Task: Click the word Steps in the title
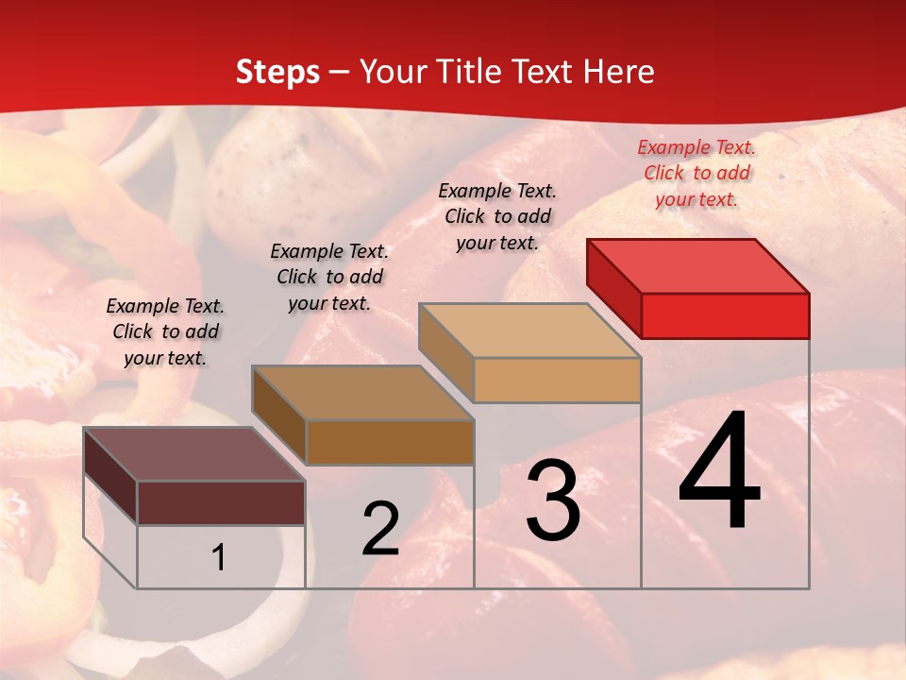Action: coord(277,72)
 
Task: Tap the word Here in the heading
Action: coord(618,72)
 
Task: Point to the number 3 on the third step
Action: coord(552,501)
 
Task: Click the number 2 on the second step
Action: coord(380,529)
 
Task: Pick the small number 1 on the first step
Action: coord(219,558)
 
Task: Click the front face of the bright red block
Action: coord(725,315)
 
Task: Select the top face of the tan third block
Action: coord(530,331)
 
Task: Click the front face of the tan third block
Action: coord(557,381)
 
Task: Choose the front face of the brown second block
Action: coord(389,442)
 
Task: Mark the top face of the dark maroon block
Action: coord(194,454)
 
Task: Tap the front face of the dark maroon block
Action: coord(221,502)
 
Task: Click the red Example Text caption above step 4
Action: coord(696,173)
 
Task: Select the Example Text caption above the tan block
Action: coord(497,216)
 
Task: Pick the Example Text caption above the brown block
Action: coord(329,277)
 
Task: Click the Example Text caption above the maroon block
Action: coord(165,331)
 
